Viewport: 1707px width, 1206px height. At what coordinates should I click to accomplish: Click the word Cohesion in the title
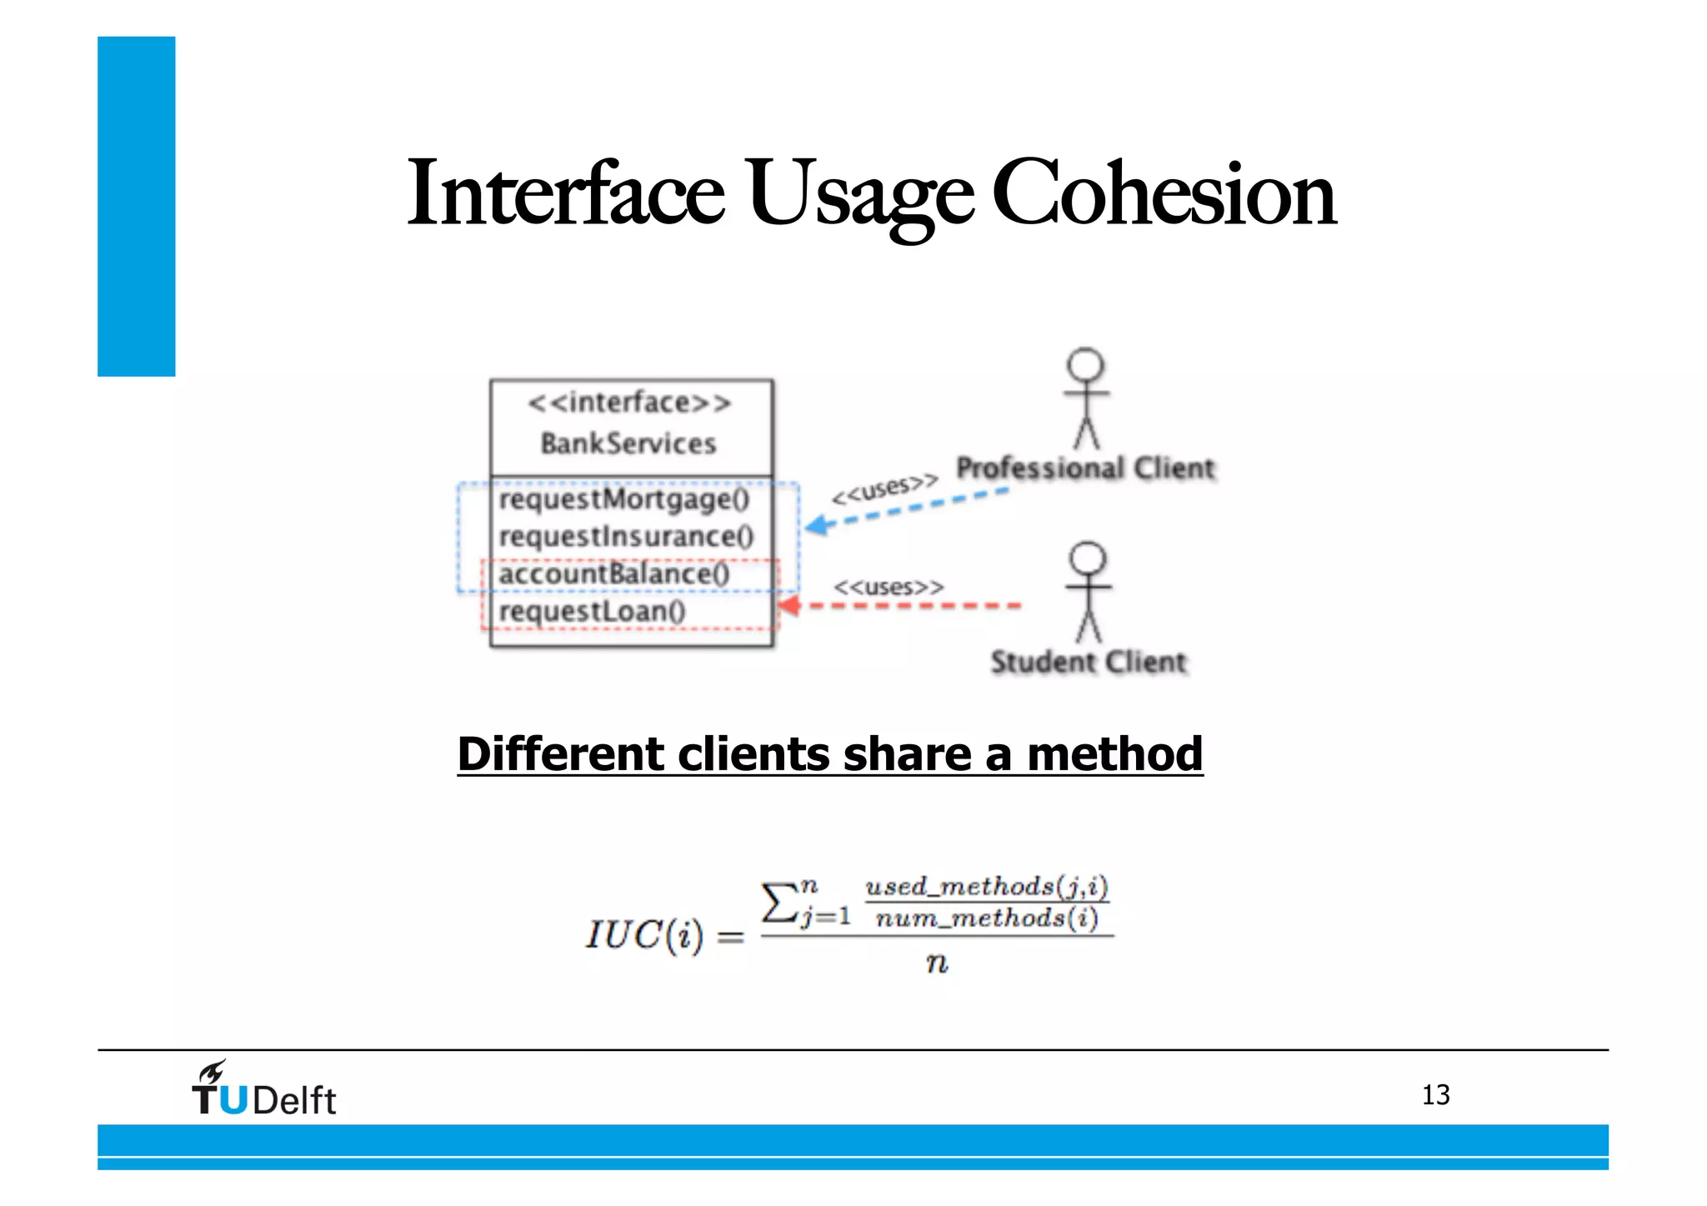(1164, 193)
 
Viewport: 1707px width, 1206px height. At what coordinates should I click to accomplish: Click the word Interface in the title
(565, 193)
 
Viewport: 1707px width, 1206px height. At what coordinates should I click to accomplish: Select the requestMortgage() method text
(623, 499)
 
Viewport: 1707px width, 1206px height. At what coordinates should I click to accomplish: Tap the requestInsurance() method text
(626, 536)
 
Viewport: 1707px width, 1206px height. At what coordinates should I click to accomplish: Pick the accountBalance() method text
(613, 573)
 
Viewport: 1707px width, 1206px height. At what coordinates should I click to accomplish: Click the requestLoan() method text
(592, 611)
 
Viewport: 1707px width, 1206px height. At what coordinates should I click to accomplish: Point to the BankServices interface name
(628, 443)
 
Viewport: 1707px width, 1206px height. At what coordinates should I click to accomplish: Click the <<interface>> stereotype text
(629, 403)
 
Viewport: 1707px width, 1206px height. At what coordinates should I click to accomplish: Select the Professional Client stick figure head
(1085, 365)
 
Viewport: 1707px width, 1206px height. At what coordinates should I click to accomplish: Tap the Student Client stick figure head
(1088, 558)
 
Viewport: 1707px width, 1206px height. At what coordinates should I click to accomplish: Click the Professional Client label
(1085, 468)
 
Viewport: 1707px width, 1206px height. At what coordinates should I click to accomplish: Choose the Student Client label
(1088, 662)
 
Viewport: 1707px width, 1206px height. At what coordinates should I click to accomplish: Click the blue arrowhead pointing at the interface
(817, 525)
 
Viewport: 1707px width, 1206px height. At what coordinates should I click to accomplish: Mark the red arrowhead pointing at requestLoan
(788, 605)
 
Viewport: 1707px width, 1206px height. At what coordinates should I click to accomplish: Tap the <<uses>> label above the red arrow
(889, 587)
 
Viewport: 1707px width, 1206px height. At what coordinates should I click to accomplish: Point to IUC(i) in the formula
(643, 935)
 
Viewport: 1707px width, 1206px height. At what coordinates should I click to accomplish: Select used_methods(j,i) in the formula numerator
(987, 886)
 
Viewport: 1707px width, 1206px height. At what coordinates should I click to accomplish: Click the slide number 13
(1435, 1094)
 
